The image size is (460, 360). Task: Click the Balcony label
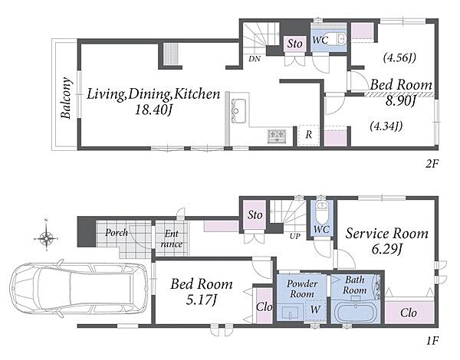tap(66, 98)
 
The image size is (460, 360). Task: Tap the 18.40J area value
tap(153, 110)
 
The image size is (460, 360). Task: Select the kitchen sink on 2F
tap(238, 111)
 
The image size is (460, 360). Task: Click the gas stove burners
tap(277, 136)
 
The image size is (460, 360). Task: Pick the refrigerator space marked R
tap(308, 135)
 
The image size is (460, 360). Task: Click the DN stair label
tap(255, 59)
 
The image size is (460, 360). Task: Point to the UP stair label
tap(295, 236)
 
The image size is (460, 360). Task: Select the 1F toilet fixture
tap(321, 211)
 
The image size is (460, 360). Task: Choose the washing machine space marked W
tap(315, 310)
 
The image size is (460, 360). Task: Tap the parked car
tap(79, 288)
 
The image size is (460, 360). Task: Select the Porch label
tap(117, 233)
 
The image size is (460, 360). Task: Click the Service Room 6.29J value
tap(386, 250)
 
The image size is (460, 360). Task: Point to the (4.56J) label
tap(399, 57)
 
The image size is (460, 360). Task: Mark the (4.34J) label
tap(386, 126)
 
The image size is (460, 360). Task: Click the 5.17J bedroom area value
tap(202, 300)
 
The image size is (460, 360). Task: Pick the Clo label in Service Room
tap(409, 313)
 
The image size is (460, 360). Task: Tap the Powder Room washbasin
tap(290, 313)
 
